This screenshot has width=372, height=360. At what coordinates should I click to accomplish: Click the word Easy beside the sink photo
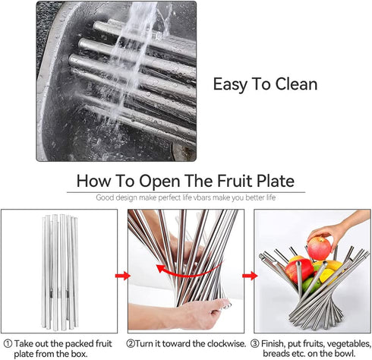click(x=230, y=84)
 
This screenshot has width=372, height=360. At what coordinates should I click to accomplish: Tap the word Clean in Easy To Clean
click(x=293, y=84)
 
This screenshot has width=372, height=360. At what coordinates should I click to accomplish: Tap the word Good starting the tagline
click(x=105, y=197)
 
